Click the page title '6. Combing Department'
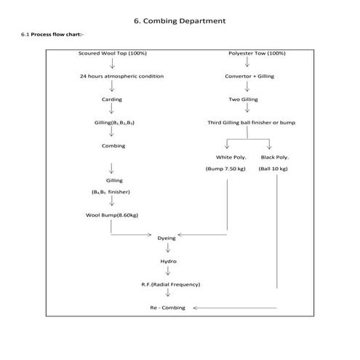[180, 20]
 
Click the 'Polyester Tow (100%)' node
[256, 53]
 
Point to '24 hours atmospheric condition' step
[121, 76]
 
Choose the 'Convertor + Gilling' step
[251, 76]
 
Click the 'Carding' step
[112, 99]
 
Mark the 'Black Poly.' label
[274, 157]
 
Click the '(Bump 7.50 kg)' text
[225, 169]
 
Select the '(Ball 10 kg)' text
[273, 169]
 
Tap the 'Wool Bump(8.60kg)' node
[112, 215]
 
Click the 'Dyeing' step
[167, 238]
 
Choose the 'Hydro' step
[168, 261]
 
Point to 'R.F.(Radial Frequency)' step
[171, 284]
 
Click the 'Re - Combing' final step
[167, 308]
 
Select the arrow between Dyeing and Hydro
[168, 249]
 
